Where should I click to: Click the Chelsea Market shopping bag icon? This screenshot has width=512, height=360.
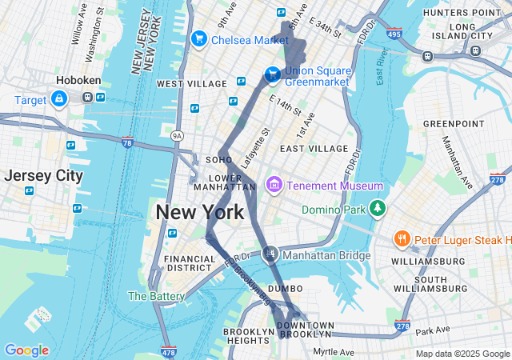[x=199, y=38]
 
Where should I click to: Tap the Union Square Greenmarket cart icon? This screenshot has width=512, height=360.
[x=273, y=75]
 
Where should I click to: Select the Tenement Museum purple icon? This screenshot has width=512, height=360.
[x=274, y=186]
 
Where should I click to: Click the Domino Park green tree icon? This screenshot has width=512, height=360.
[x=377, y=210]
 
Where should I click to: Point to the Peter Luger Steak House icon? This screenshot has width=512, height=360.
[x=402, y=239]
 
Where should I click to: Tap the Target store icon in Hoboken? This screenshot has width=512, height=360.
[x=59, y=99]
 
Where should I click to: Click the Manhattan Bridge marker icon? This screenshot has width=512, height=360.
[x=270, y=255]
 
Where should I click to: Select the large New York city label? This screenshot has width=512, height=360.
[x=199, y=213]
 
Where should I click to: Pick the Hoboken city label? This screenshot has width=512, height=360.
[x=76, y=81]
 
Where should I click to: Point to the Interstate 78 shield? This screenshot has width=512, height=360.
[x=127, y=142]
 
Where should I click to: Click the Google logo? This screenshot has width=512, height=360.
[x=27, y=350]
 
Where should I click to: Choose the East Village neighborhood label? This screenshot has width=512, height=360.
[x=314, y=149]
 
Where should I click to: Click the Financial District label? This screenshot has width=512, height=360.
[x=190, y=263]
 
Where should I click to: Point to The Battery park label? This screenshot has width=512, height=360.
[x=156, y=296]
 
